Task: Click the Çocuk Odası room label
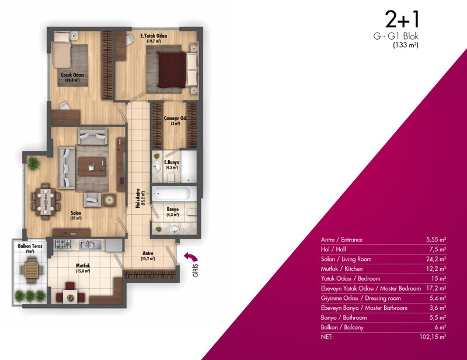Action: click(x=72, y=75)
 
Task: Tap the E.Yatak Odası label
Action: click(x=154, y=36)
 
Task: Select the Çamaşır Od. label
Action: click(x=176, y=118)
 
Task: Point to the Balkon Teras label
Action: click(x=30, y=246)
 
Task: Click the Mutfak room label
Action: click(x=83, y=265)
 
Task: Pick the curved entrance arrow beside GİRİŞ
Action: click(x=191, y=256)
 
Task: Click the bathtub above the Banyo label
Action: click(x=170, y=194)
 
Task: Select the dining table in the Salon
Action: click(x=46, y=201)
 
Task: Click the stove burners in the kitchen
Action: click(x=64, y=244)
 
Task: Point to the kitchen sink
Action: click(x=87, y=244)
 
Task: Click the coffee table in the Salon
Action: click(x=92, y=166)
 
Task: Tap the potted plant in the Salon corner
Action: click(x=33, y=163)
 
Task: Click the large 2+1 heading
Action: click(x=402, y=19)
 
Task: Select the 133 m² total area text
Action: click(x=406, y=46)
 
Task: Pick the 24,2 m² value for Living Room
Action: click(x=436, y=259)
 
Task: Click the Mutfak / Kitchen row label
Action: click(x=341, y=269)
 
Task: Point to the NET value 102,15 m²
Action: click(x=433, y=337)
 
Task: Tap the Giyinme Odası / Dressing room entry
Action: click(x=361, y=298)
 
